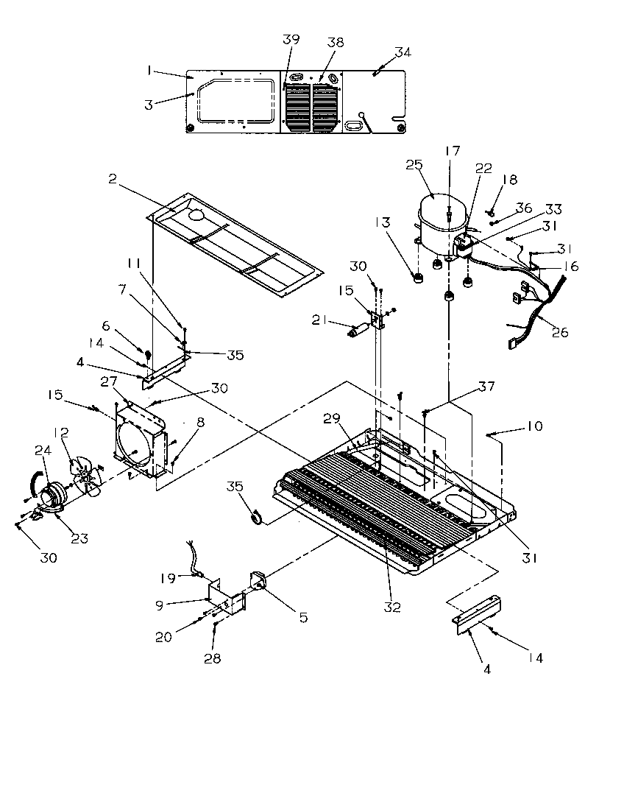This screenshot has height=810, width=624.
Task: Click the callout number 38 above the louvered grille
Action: coord(335,43)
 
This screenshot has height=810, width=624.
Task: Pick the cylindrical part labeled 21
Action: coord(359,333)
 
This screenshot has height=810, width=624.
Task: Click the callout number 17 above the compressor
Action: coord(451,150)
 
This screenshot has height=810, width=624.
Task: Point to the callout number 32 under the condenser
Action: coord(392,607)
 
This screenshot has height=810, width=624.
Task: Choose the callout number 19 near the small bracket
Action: coord(169,578)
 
